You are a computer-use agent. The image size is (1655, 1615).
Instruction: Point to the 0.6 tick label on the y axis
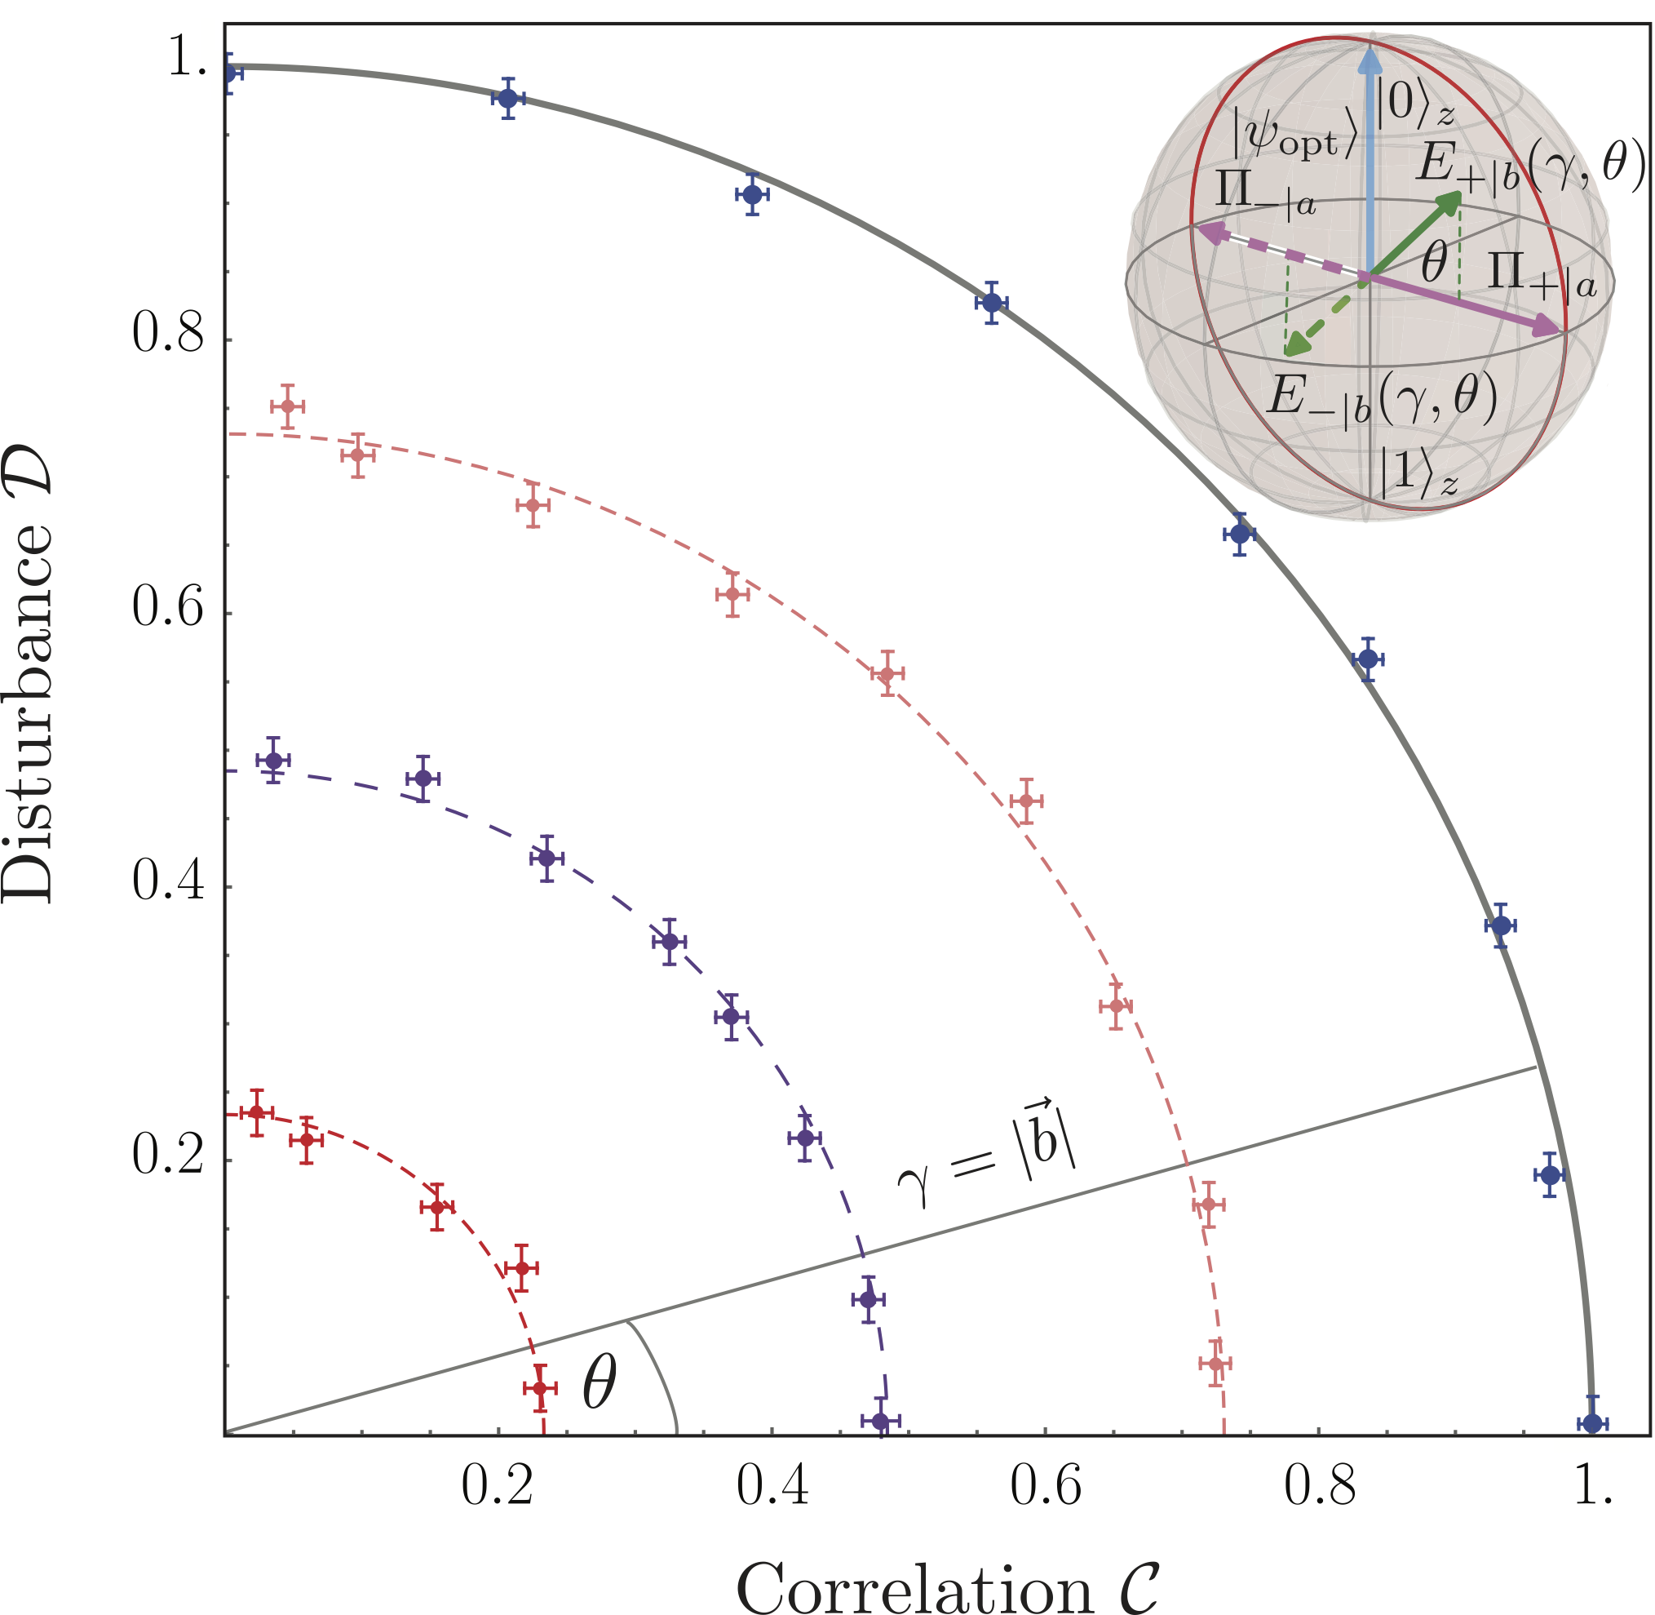pos(169,610)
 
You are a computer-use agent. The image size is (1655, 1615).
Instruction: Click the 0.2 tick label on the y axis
pos(169,1156)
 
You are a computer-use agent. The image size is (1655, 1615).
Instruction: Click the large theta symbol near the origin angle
pos(600,1383)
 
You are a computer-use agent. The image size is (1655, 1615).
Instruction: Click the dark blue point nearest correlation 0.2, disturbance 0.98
pos(507,99)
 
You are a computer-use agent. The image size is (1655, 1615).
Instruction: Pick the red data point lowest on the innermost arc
pos(539,1388)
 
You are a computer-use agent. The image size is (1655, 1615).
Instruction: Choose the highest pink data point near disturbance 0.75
pos(287,406)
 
